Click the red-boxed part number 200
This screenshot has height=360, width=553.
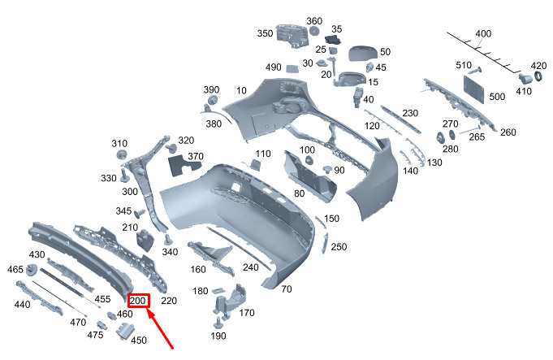pyautogui.click(x=138, y=301)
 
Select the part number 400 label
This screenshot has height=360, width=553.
pyautogui.click(x=483, y=34)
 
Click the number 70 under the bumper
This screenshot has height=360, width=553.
pyautogui.click(x=286, y=289)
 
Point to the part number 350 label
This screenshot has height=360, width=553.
pyautogui.click(x=265, y=34)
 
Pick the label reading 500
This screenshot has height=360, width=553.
pyautogui.click(x=497, y=97)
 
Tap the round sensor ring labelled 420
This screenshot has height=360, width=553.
pyautogui.click(x=536, y=79)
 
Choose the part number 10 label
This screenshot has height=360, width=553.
pyautogui.click(x=241, y=90)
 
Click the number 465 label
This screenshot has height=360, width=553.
pyautogui.click(x=15, y=270)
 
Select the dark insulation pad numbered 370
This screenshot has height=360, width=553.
pyautogui.click(x=184, y=166)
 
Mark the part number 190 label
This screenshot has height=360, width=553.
pyautogui.click(x=218, y=336)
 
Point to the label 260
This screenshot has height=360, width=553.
pyautogui.click(x=508, y=132)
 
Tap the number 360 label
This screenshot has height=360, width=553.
pyautogui.click(x=314, y=20)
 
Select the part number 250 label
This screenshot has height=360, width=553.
pyautogui.click(x=339, y=247)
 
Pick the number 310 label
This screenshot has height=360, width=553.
pyautogui.click(x=119, y=143)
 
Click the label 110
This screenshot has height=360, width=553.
pyautogui.click(x=262, y=154)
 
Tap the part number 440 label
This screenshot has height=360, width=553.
pyautogui.click(x=22, y=305)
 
